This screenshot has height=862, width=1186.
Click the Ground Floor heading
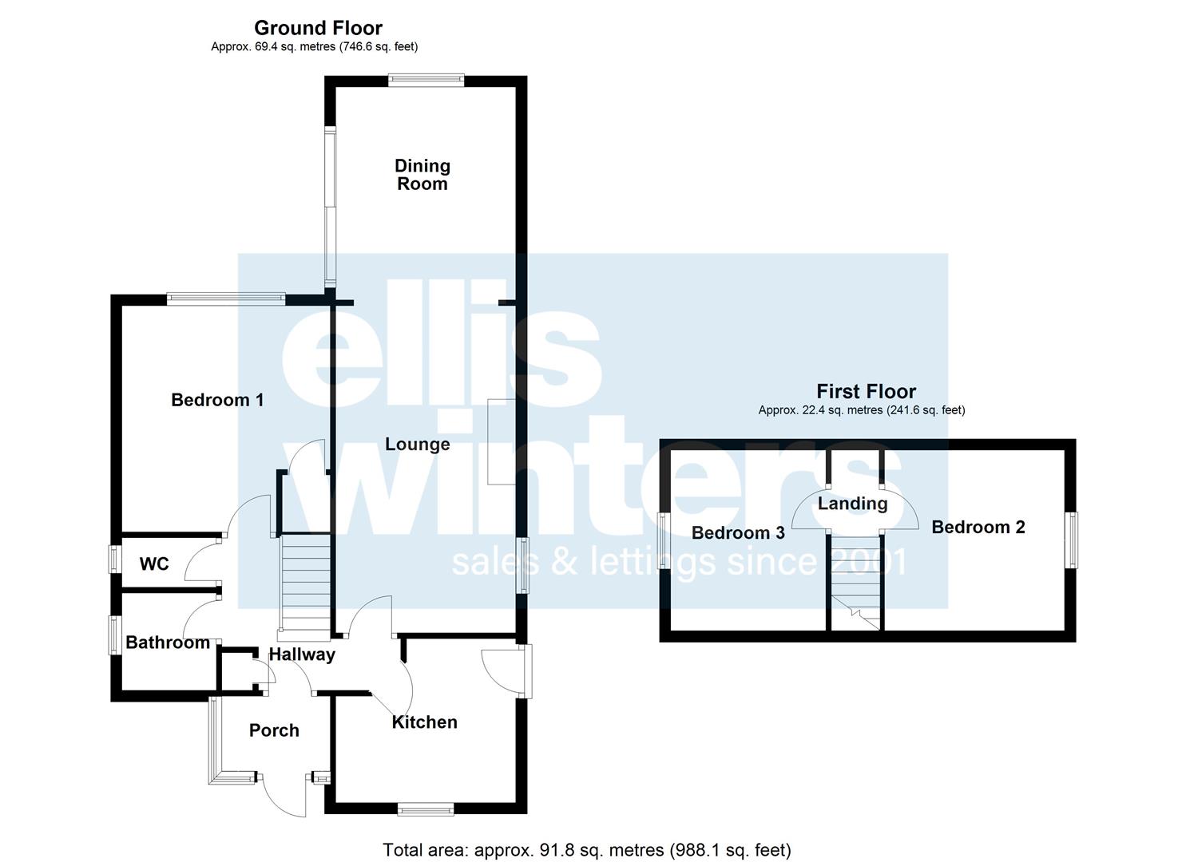(318, 27)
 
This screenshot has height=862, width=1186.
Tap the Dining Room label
(422, 175)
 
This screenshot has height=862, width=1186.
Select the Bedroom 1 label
(217, 400)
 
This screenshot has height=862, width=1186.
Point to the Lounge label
(417, 445)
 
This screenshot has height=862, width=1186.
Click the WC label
(154, 564)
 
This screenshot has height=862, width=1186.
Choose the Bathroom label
(168, 643)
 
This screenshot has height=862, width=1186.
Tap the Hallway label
(302, 655)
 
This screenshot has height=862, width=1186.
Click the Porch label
(274, 731)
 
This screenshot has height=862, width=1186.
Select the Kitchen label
(425, 722)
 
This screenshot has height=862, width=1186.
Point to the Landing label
(852, 504)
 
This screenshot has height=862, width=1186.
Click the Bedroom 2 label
(978, 527)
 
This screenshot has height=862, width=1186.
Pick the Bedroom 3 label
(738, 532)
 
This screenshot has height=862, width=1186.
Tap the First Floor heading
(867, 392)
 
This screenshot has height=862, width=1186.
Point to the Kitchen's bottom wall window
(426, 809)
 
